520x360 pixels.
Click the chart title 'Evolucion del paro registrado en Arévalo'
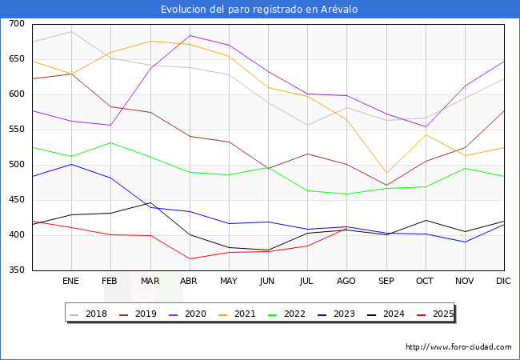pos(259,10)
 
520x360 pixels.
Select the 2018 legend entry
pos(88,314)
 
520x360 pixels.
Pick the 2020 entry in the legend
pos(187,314)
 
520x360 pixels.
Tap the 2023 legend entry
pos(336,314)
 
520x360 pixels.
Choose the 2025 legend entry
pos(435,314)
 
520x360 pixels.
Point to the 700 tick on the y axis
pos(17,23)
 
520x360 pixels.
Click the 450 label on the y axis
pos(17,199)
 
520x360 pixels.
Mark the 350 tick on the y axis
pos(17,270)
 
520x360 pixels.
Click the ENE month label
pos(70,281)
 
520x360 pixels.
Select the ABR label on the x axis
pos(189,281)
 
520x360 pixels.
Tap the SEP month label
pos(386,281)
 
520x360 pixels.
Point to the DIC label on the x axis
pos(503,281)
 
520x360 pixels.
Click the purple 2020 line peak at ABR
pos(190,35)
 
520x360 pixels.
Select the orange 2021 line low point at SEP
pos(386,173)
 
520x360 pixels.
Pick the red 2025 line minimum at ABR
pos(190,259)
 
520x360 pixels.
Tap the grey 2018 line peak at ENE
pos(71,31)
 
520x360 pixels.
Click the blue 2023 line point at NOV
pos(466,242)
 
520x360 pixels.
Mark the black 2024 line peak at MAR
pos(151,202)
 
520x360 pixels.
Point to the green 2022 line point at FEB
pos(110,143)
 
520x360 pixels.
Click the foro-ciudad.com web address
pos(458,347)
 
